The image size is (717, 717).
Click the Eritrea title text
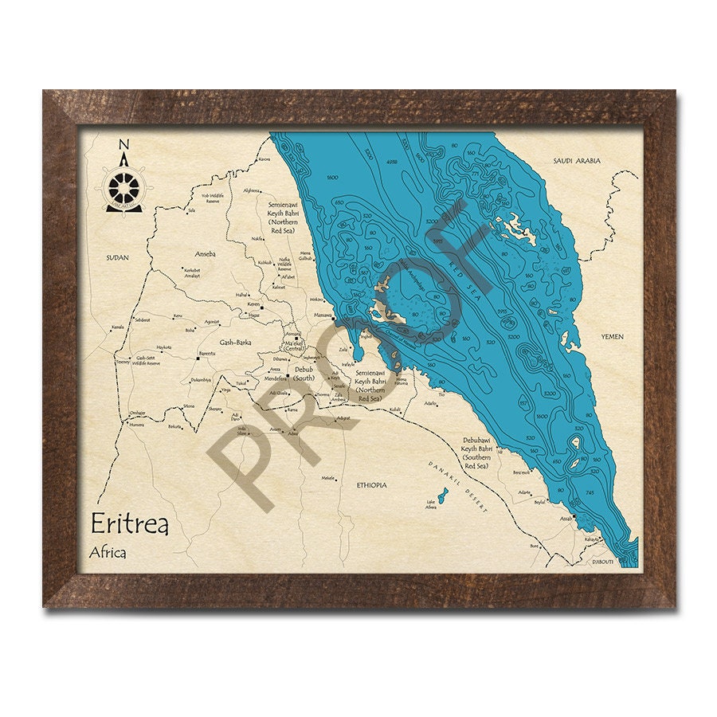tap(129, 523)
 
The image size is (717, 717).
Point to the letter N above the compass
tap(123, 145)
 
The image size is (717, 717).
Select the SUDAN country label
tap(116, 258)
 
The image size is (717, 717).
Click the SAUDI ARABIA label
tap(577, 161)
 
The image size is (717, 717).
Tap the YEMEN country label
tap(612, 336)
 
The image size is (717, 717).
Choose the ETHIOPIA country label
tap(371, 484)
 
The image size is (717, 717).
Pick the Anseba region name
tap(206, 254)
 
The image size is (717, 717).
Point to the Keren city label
tap(253, 304)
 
